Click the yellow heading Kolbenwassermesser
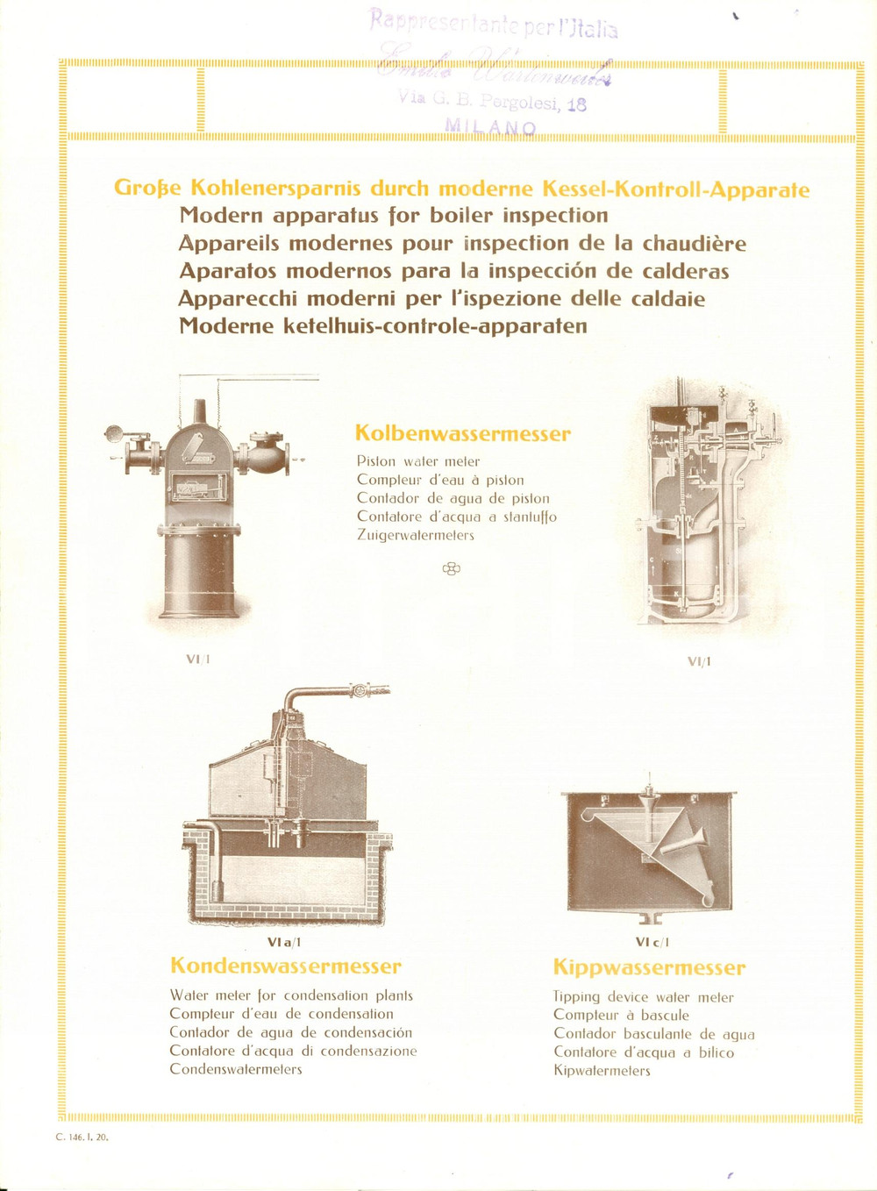[x=462, y=433]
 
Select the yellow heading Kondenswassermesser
[x=285, y=966]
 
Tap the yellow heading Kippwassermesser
[x=649, y=967]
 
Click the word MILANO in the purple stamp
[x=491, y=127]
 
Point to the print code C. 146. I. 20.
[x=82, y=1137]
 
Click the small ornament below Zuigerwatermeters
[x=451, y=569]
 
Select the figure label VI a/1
[x=284, y=942]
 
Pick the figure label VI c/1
[x=652, y=942]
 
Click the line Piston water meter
[x=418, y=461]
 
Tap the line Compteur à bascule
[x=621, y=1015]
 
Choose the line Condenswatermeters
[x=235, y=1069]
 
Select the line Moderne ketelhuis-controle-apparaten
[x=382, y=325]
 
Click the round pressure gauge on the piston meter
[x=114, y=432]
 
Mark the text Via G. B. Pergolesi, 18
[x=492, y=100]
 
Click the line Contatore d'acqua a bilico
[x=643, y=1052]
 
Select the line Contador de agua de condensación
[x=290, y=1032]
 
